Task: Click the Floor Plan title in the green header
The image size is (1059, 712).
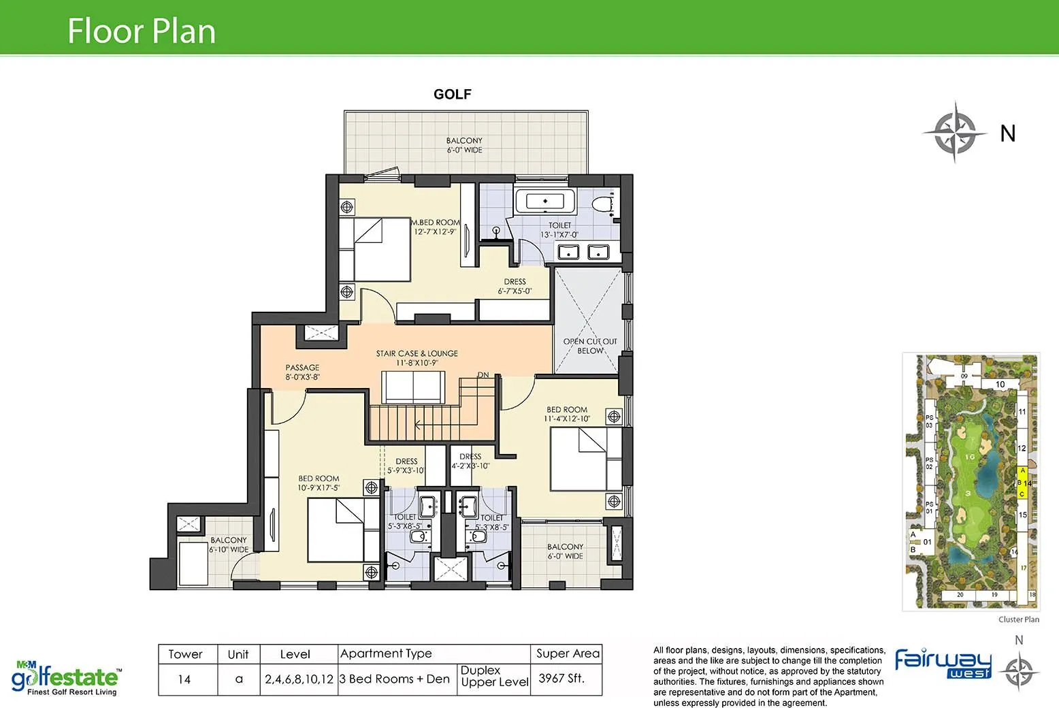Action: tap(142, 31)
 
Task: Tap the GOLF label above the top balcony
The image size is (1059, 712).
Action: tap(452, 95)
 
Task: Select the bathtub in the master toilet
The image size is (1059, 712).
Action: tap(544, 201)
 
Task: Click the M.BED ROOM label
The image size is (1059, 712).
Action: tap(435, 227)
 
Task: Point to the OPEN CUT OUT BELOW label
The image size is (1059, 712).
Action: tap(589, 346)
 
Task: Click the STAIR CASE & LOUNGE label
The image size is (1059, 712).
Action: tap(417, 358)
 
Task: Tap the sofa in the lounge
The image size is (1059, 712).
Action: tap(414, 388)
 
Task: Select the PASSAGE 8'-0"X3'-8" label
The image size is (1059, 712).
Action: tap(302, 372)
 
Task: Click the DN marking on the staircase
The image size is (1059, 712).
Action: tap(483, 375)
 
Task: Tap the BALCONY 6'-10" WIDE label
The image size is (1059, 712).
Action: tap(229, 545)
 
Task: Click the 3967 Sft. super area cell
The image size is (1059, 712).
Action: tap(561, 679)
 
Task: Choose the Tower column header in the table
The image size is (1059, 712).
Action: tap(185, 654)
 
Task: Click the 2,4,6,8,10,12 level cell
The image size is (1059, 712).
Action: tap(299, 679)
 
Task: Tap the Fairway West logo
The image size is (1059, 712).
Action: tap(943, 663)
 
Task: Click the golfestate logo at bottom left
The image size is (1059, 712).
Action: tap(66, 678)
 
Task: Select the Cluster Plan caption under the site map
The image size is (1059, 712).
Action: tap(1018, 619)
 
